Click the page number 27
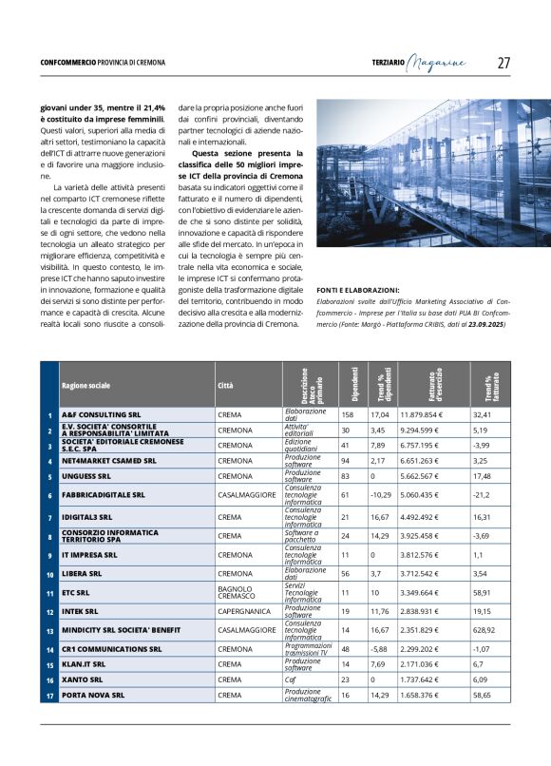[503, 63]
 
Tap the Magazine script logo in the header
[438, 63]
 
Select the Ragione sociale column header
[86, 386]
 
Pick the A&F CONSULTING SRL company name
[101, 414]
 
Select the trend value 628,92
[489, 629]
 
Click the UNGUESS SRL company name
[86, 475]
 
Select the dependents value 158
[347, 414]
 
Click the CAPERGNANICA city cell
[245, 611]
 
